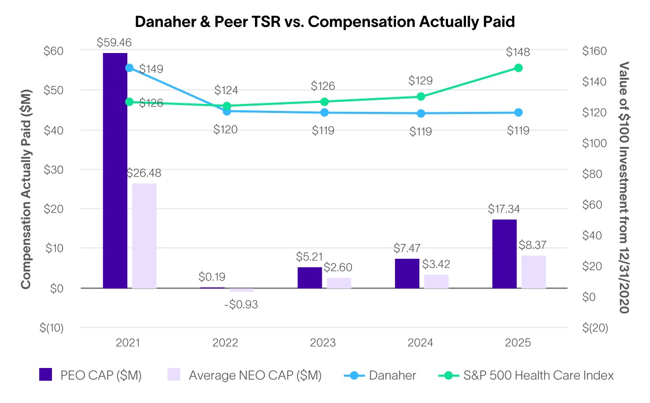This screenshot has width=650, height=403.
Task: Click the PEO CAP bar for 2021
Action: point(115,170)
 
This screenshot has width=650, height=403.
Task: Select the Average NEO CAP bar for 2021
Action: point(144,235)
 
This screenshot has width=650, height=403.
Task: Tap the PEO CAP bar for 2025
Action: point(504,253)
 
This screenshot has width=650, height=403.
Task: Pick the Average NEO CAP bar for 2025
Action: point(533,271)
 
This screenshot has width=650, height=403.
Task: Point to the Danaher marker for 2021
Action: point(129,68)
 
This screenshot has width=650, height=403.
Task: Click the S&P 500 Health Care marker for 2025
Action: point(519,68)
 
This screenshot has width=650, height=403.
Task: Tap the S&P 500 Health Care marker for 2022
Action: point(226,106)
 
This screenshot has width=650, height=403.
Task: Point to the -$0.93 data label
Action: point(241,305)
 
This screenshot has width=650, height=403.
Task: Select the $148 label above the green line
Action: point(517,52)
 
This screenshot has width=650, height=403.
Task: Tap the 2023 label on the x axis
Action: point(323,343)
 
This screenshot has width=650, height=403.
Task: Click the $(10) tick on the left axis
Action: point(51,328)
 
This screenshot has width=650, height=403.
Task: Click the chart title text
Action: point(325,21)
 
